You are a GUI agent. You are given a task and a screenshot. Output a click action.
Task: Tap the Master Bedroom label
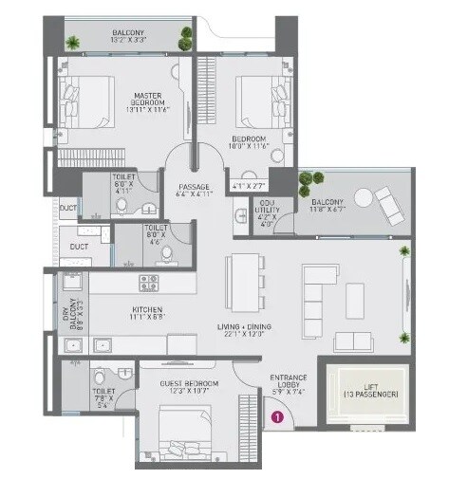(149, 101)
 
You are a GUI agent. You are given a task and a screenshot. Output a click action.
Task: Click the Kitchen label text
(147, 309)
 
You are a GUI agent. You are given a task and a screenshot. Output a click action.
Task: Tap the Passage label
(194, 187)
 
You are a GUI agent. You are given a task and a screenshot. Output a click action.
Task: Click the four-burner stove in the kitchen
(151, 282)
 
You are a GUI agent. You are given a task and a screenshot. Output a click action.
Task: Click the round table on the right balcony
(363, 198)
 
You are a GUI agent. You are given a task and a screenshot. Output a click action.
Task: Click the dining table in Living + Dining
(243, 278)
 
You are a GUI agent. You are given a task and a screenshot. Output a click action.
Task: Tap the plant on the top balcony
(73, 43)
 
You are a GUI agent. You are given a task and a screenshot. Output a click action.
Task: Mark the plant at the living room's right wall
(405, 250)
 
